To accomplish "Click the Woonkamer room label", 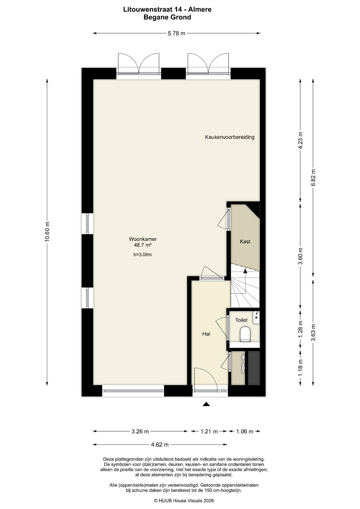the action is (143, 239).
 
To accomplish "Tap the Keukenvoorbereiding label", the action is (230, 137).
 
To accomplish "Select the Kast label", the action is (245, 241).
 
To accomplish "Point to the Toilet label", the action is (241, 320).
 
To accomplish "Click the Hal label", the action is (206, 334).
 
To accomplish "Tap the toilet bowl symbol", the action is (245, 334).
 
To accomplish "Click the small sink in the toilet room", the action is (256, 317).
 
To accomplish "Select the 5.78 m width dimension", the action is (177, 33).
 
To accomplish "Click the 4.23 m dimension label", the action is (300, 140).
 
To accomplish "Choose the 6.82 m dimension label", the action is (313, 178).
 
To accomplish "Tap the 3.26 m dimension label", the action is (140, 431).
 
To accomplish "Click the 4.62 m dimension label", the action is (160, 444).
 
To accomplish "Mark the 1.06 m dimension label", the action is (245, 431).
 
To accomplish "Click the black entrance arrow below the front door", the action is (206, 404).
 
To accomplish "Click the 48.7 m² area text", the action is (143, 245).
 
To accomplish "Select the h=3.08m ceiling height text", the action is (143, 255).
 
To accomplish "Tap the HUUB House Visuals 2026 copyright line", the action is (184, 501).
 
